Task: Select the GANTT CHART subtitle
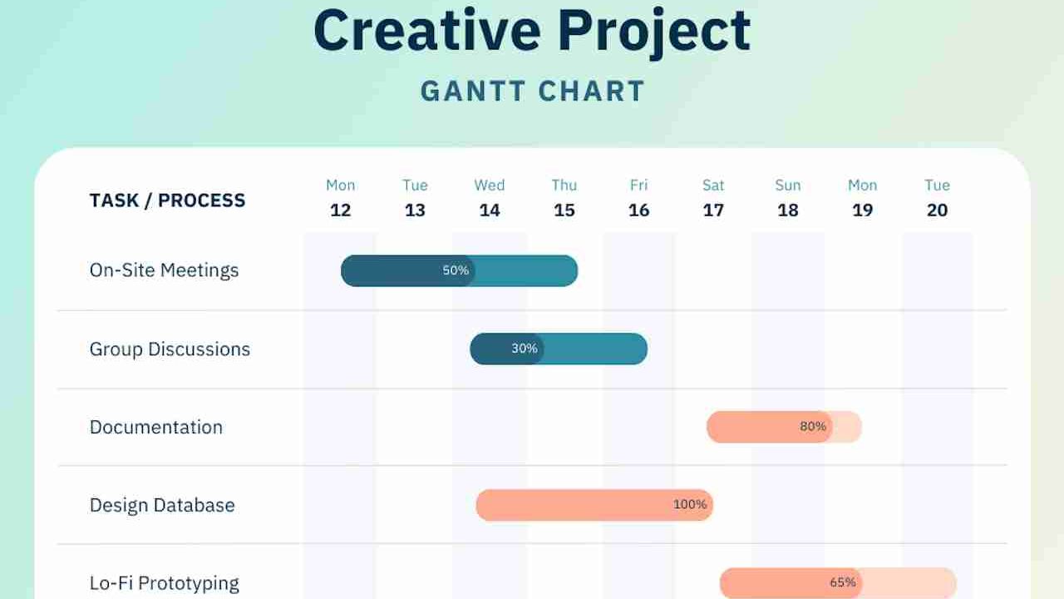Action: click(533, 91)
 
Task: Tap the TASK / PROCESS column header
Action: click(167, 200)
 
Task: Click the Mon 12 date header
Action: click(341, 198)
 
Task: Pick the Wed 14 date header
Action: click(490, 198)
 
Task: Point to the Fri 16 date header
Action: click(638, 198)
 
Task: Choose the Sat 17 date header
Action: click(713, 198)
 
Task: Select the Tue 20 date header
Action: click(937, 198)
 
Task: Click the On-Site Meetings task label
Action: click(164, 270)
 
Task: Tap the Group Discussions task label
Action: click(170, 349)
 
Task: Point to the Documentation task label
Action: click(156, 428)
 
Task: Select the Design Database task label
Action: click(162, 506)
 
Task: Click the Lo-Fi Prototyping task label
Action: click(165, 583)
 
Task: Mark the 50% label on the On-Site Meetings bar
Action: click(456, 271)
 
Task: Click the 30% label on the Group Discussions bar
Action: click(525, 349)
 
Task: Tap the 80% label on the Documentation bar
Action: click(813, 427)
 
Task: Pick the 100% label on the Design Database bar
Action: click(690, 505)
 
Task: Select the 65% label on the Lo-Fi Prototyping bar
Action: click(843, 582)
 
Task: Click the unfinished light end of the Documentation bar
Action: click(847, 427)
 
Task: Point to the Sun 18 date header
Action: click(788, 198)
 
